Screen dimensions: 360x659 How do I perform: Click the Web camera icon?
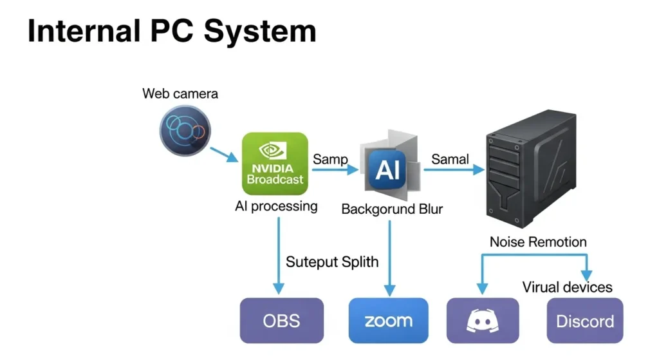(x=185, y=131)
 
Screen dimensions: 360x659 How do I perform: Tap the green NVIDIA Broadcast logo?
(x=275, y=164)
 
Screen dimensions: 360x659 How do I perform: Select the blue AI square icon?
(x=388, y=169)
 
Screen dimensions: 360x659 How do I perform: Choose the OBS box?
(x=281, y=320)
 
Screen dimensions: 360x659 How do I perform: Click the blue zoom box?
(x=388, y=320)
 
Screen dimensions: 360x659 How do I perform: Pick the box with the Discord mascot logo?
(x=483, y=320)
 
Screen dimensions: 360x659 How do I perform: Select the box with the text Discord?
(x=585, y=320)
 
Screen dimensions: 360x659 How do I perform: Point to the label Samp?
(x=330, y=159)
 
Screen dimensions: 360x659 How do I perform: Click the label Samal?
(x=450, y=159)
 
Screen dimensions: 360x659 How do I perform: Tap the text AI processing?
(x=276, y=207)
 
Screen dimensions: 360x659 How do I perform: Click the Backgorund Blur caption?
(x=392, y=209)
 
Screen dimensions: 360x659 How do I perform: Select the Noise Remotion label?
(x=538, y=242)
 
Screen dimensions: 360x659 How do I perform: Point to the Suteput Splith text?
(x=333, y=262)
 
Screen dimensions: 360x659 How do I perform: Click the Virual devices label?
(x=567, y=287)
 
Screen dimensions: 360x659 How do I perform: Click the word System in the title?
(x=259, y=32)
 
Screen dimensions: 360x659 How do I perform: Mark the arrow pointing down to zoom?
(x=389, y=258)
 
